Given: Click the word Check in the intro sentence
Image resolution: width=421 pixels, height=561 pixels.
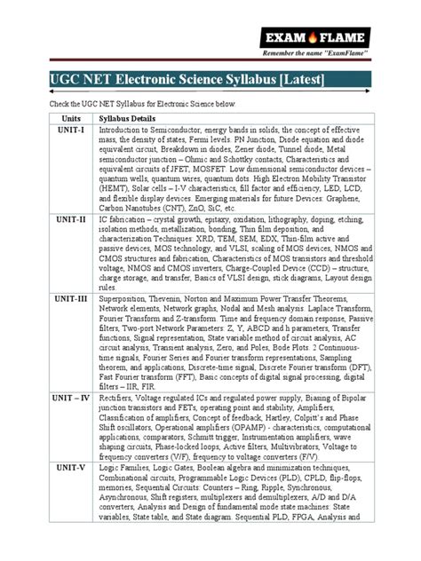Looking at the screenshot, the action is click(44, 103).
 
